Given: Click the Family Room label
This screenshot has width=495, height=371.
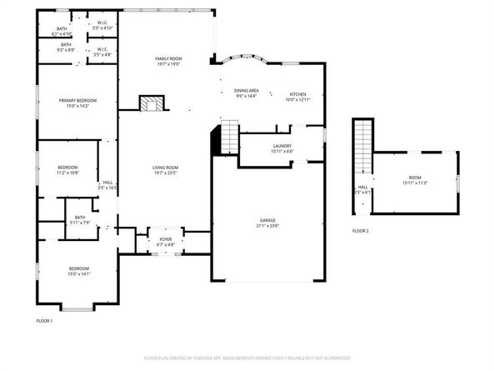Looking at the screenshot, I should coord(168,58).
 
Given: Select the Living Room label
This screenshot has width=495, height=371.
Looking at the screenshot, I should coord(166,168).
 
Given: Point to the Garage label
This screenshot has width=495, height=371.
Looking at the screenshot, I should coord(266,220).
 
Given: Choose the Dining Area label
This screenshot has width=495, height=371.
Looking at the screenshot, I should coord(246,90).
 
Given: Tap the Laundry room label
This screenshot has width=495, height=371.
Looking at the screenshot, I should coord(282,146).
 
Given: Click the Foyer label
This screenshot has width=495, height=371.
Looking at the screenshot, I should coord(166,239).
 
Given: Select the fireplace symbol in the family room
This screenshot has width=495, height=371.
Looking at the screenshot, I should coord(151,103).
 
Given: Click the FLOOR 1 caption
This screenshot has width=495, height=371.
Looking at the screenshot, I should coord(44,321).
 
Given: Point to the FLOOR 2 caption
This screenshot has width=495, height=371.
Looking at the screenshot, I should coord(360,230).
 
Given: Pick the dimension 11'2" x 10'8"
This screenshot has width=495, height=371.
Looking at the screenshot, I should coord(67,173).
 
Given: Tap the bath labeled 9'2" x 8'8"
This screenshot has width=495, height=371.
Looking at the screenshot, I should coord(65,47).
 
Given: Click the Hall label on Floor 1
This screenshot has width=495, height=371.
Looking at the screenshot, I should coord(107,184).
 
